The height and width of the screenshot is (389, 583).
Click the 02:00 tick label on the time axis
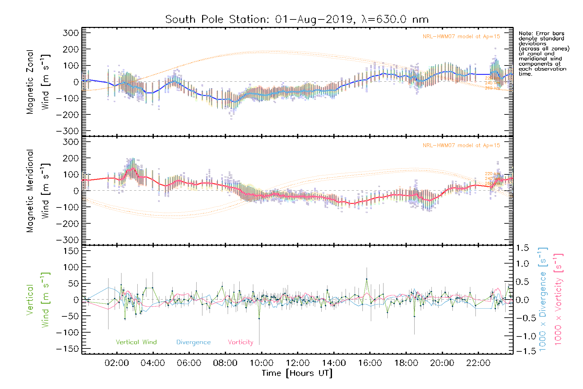117,363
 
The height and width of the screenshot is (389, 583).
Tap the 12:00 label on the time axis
298,363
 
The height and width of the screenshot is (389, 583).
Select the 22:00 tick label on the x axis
478,363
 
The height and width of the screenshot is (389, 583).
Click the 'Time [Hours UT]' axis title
297,373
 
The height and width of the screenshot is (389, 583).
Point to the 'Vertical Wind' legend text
136,342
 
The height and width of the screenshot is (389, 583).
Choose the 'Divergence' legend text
193,342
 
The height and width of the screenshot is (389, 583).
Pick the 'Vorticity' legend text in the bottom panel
240,342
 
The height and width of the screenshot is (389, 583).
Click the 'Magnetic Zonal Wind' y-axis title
38,82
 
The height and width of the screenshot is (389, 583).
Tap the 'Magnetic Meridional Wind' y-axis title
38,191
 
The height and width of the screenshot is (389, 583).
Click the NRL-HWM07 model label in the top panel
461,36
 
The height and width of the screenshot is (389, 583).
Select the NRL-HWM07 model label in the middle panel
461,145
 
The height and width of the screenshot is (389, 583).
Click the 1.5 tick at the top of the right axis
522,248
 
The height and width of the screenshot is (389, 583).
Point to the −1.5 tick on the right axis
522,351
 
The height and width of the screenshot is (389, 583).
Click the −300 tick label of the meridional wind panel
68,240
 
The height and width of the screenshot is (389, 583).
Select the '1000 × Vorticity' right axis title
558,299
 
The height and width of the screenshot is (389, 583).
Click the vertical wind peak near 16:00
367,279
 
